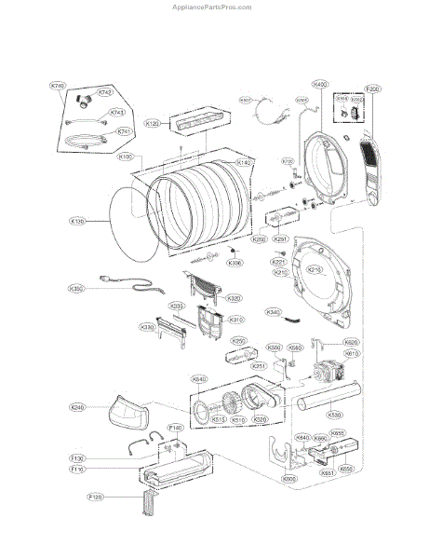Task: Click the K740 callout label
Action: coord(58,86)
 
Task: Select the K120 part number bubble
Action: coord(153,123)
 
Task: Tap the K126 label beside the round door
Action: coord(77,222)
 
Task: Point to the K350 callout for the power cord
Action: coord(77,289)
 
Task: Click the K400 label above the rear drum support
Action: coord(321,84)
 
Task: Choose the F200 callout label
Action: coord(373,89)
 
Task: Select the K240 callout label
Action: coord(77,407)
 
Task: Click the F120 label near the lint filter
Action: coord(95,525)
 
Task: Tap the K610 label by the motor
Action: coord(352,354)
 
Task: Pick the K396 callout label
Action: coord(235,263)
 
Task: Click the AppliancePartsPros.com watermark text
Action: coord(213,6)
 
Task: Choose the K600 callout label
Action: coord(290,479)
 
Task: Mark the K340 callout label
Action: coord(274,312)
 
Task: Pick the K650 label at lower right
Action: coord(346,469)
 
